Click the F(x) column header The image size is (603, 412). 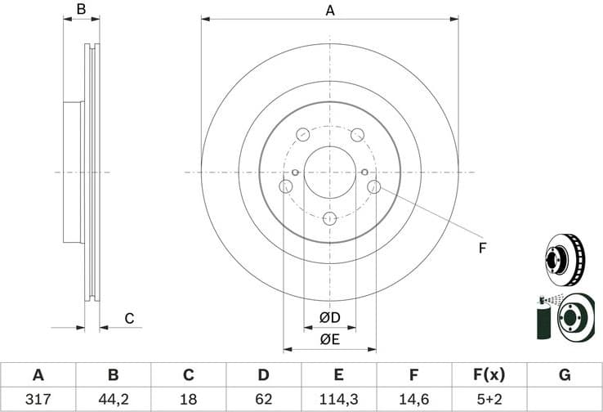(x=489, y=375)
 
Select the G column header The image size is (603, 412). (x=564, y=375)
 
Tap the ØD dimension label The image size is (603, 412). (x=329, y=317)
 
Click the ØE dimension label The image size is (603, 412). (x=329, y=338)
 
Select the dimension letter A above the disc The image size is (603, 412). (x=330, y=10)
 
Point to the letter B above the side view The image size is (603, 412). (x=81, y=10)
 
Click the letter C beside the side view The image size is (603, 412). (x=128, y=318)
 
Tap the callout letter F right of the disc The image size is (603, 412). (x=482, y=246)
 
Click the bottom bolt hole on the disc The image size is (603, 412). (x=329, y=218)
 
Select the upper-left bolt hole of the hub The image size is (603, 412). (x=302, y=134)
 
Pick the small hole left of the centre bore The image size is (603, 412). (x=294, y=172)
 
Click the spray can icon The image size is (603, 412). (x=543, y=319)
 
